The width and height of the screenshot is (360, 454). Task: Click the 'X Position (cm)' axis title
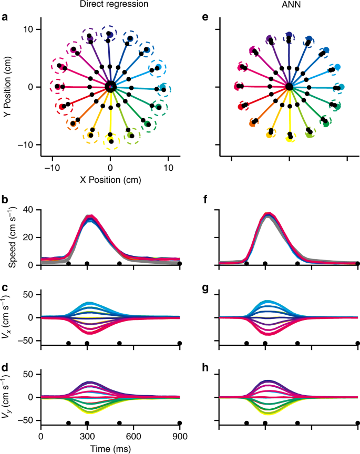pyautogui.click(x=110, y=179)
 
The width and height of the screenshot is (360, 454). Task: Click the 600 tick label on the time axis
pyautogui.click(x=133, y=436)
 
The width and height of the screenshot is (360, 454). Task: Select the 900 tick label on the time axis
pyautogui.click(x=180, y=436)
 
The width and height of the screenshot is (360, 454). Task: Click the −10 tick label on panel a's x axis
pyautogui.click(x=52, y=167)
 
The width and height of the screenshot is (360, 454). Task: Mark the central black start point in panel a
pyautogui.click(x=110, y=87)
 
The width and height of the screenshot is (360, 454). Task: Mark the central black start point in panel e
pyautogui.click(x=289, y=87)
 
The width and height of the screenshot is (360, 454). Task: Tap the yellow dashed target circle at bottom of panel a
pyautogui.click(x=110, y=139)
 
